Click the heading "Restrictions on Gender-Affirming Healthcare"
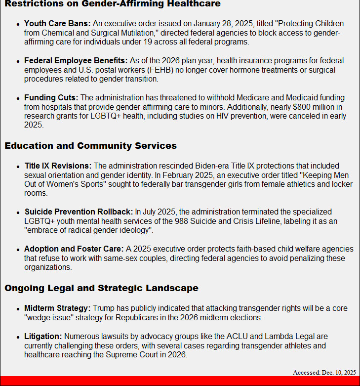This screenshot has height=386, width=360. [x=113, y=4]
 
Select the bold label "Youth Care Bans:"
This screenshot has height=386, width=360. [x=57, y=24]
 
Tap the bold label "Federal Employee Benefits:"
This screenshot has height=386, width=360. [x=76, y=61]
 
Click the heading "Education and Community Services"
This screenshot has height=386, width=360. [x=91, y=146]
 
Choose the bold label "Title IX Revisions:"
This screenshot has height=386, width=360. [x=58, y=166]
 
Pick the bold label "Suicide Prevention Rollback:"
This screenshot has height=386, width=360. [x=79, y=212]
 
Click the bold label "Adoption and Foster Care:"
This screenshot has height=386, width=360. [x=74, y=249]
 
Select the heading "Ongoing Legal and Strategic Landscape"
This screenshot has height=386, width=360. [x=102, y=288]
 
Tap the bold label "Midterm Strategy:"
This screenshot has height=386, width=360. [x=57, y=308]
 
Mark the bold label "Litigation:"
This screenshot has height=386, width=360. [x=43, y=337]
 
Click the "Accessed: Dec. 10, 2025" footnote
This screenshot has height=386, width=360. [x=324, y=372]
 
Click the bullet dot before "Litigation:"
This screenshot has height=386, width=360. [x=18, y=337]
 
